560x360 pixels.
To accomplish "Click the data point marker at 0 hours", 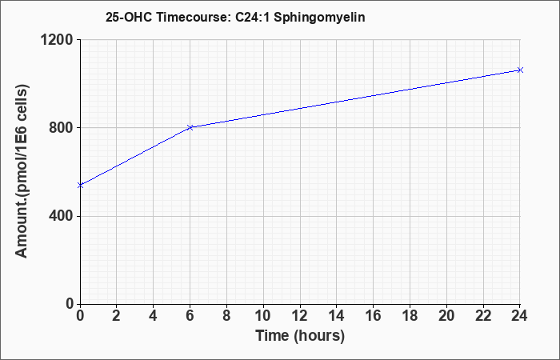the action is (80, 185).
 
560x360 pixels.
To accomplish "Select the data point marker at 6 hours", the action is (190, 127).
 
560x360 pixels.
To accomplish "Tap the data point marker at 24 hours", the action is (520, 70).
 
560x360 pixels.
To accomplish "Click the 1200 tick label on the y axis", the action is (57, 40).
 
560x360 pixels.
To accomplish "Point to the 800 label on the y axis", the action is (61, 127).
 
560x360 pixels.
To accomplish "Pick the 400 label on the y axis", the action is (61, 216).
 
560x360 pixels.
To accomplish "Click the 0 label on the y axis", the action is (70, 304).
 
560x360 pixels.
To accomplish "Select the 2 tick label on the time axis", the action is (117, 316).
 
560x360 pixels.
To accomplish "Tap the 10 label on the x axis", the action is (263, 316).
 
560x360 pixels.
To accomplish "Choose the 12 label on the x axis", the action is (300, 316).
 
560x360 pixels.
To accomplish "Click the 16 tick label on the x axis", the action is (374, 316).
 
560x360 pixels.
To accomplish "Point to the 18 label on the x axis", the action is (410, 316).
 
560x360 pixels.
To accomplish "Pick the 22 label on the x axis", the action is (483, 316).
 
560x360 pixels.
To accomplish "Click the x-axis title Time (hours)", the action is (300, 336).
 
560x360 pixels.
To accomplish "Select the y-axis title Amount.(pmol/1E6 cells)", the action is (22, 171).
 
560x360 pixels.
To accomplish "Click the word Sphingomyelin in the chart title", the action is (319, 18).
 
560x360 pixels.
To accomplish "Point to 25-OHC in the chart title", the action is (129, 17).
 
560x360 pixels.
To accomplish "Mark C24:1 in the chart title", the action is (253, 17).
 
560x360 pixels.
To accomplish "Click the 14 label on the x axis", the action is (337, 316).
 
